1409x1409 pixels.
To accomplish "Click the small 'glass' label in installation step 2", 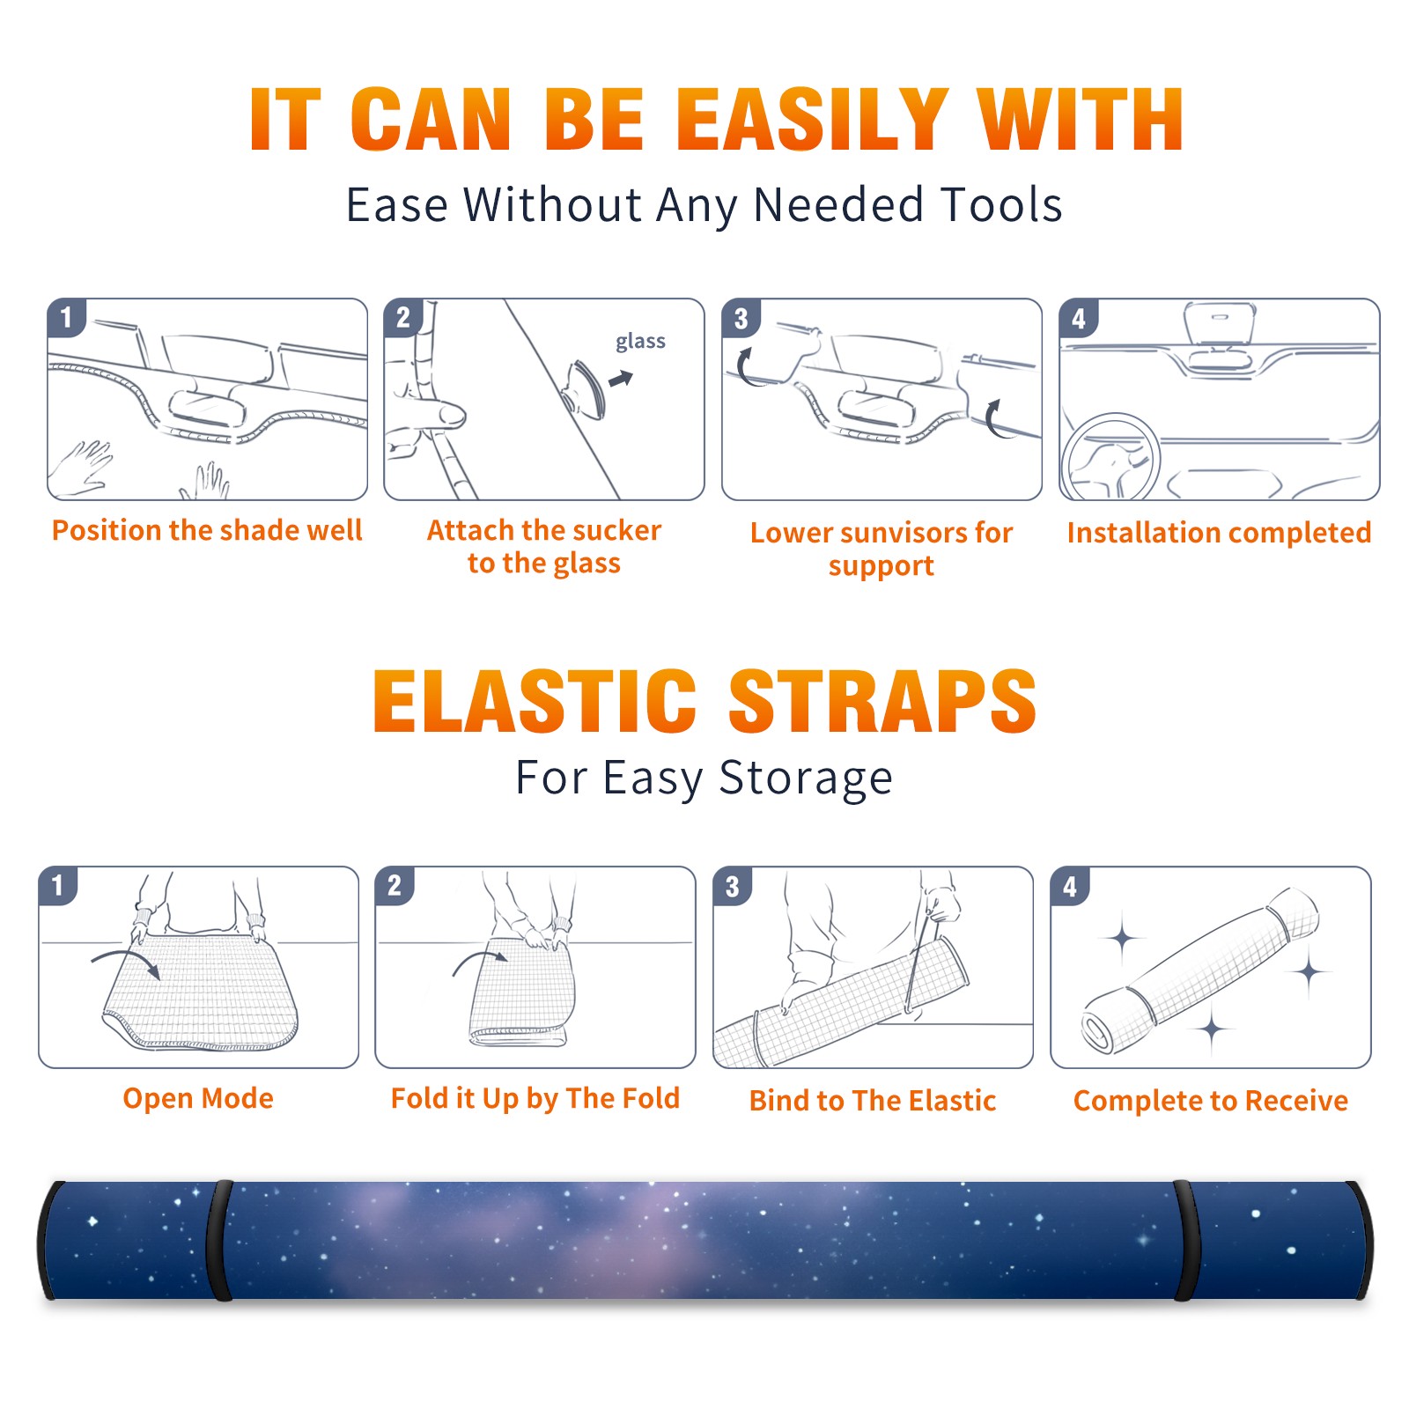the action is coord(640,342).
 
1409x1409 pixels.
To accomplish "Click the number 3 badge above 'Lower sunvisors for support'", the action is coord(741,319).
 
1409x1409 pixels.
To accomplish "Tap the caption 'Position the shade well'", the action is coord(207,530).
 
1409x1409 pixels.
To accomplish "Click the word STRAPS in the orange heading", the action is coord(882,701).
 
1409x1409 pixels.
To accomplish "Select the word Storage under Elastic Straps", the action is coord(806,778).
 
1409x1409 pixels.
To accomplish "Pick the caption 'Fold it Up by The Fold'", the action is coord(535,1098).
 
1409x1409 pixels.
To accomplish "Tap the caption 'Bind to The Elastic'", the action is coord(873,1101).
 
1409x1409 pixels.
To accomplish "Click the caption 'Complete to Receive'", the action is coord(1211,1101).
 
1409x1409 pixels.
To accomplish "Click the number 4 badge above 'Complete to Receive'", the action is coord(1070,886).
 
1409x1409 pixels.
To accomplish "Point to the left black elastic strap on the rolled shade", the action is coord(218,1241).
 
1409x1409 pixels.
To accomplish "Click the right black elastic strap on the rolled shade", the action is coord(1187,1241).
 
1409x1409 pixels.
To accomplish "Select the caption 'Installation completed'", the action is coord(1220,533).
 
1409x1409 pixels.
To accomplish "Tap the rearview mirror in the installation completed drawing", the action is coord(1220,325).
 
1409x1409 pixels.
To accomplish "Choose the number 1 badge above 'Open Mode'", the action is coord(58,886).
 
